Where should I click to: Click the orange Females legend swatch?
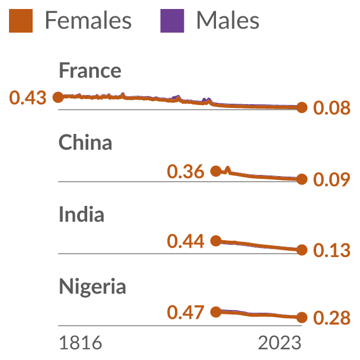pyautogui.click(x=21, y=21)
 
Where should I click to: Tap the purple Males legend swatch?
pyautogui.click(x=172, y=21)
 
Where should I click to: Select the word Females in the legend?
pyautogui.click(x=88, y=20)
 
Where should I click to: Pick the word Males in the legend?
pyautogui.click(x=228, y=20)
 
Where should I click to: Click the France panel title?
pyautogui.click(x=90, y=70)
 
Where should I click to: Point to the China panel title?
pyautogui.click(x=85, y=142)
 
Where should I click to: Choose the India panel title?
pyautogui.click(x=82, y=214)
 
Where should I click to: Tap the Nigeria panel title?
pyautogui.click(x=92, y=287)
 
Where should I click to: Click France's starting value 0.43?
pyautogui.click(x=28, y=97)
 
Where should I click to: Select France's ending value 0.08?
pyautogui.click(x=332, y=107)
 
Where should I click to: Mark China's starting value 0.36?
pyautogui.click(x=186, y=172)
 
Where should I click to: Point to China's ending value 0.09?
pyautogui.click(x=332, y=179)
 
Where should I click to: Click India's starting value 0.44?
pyautogui.click(x=186, y=241)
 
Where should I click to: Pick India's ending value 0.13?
pyautogui.click(x=332, y=250)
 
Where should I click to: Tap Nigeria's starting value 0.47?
pyautogui.click(x=186, y=313)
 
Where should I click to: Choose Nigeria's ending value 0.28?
pyautogui.click(x=332, y=318)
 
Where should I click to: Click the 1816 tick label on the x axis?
pyautogui.click(x=80, y=343)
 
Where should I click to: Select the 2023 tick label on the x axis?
pyautogui.click(x=280, y=343)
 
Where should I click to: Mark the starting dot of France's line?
pyautogui.click(x=58, y=97)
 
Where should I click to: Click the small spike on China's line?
pyautogui.click(x=227, y=170)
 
